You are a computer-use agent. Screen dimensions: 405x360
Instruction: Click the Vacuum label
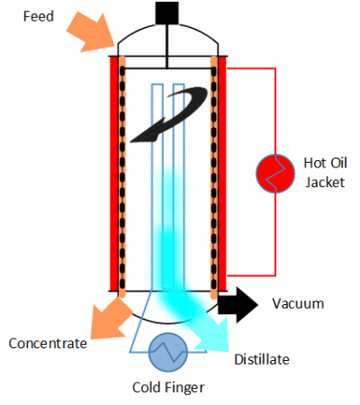[297, 304]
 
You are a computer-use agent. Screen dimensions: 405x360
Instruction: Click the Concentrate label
[48, 343]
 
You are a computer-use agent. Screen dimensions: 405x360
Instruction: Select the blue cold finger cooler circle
[167, 354]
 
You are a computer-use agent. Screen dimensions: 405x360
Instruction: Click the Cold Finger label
[167, 388]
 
